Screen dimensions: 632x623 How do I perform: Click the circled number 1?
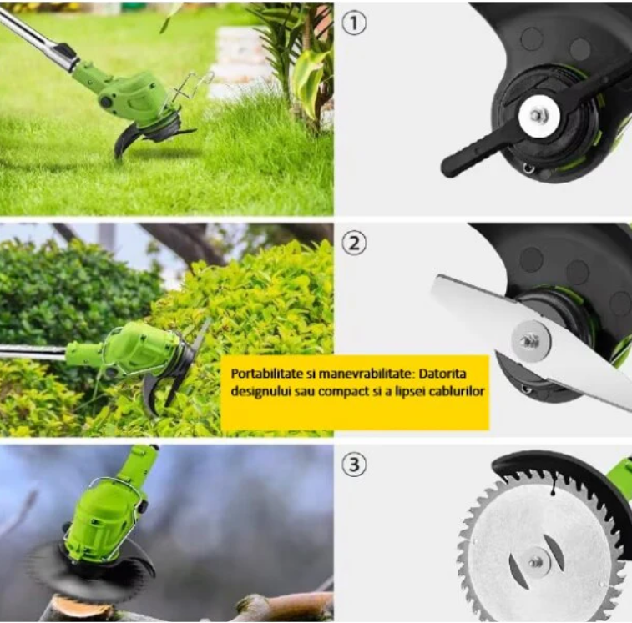click(x=354, y=23)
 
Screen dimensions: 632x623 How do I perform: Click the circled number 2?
click(x=354, y=244)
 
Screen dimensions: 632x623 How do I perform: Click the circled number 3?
click(x=354, y=465)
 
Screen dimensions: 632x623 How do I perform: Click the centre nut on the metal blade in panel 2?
click(x=528, y=342)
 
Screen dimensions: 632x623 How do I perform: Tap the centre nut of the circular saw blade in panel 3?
click(x=536, y=562)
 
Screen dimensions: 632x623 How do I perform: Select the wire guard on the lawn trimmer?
click(x=190, y=88)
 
